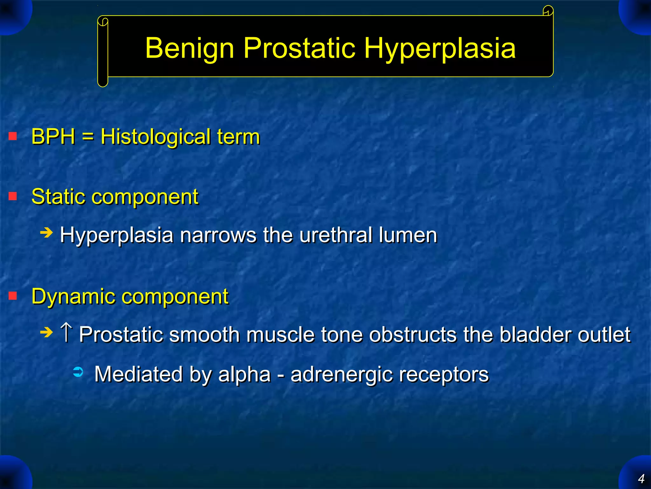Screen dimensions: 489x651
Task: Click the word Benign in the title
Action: click(189, 48)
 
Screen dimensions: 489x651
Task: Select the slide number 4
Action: click(641, 478)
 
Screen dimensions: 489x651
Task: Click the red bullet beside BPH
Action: click(13, 136)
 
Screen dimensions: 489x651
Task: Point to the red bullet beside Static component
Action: click(13, 196)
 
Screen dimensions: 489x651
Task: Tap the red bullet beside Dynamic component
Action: click(13, 296)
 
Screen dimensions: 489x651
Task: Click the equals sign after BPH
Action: click(88, 137)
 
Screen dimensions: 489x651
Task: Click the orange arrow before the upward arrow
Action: click(46, 333)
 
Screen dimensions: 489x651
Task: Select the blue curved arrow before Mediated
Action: click(78, 372)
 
